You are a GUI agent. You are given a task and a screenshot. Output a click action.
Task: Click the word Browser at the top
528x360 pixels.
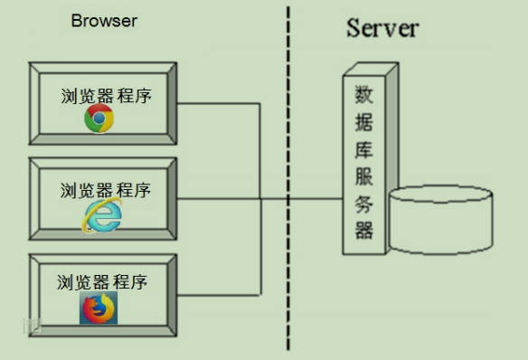click(104, 21)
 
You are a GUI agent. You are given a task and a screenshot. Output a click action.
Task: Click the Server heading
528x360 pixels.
click(382, 27)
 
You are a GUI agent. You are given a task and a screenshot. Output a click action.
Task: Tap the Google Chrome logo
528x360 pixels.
click(99, 118)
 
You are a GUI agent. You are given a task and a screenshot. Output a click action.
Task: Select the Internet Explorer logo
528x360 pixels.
click(102, 214)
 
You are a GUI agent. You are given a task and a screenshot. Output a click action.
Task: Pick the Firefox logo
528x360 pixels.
click(99, 308)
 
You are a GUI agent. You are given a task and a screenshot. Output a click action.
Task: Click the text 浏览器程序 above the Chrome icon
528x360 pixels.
click(104, 95)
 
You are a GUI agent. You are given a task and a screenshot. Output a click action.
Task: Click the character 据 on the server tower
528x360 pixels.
click(363, 122)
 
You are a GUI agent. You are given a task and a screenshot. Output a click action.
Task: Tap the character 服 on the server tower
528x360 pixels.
click(363, 176)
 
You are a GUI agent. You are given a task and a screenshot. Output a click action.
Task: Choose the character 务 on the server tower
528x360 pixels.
click(363, 204)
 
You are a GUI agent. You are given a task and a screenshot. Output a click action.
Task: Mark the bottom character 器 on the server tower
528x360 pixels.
click(363, 230)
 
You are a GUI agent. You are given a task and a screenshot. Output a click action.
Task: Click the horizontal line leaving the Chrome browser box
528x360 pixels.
click(217, 104)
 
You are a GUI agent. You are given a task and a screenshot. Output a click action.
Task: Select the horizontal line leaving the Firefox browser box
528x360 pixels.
click(217, 295)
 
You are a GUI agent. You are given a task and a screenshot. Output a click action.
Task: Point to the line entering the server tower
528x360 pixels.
click(316, 198)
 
